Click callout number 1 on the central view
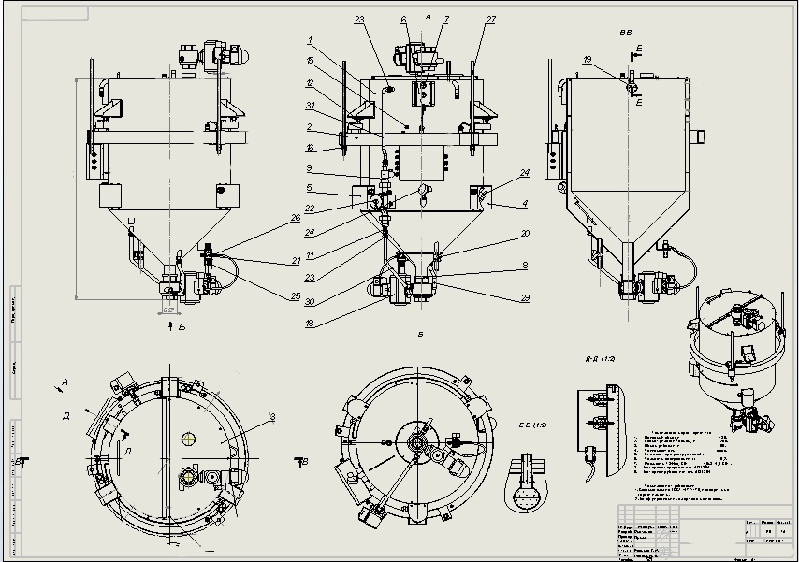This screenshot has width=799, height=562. coord(310,41)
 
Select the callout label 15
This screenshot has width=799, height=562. coord(310,61)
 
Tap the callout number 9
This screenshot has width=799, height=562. coord(310,168)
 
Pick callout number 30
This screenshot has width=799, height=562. coord(310,301)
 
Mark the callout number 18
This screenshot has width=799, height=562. coord(310,323)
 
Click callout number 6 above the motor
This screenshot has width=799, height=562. coord(403,19)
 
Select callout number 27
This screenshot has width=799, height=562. coord(491,19)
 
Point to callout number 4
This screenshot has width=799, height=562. coord(526,203)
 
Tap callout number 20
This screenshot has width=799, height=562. coord(526,234)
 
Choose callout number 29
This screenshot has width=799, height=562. coord(526,297)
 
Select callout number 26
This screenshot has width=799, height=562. coord(297,218)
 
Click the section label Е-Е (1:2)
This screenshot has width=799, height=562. coord(526,427)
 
